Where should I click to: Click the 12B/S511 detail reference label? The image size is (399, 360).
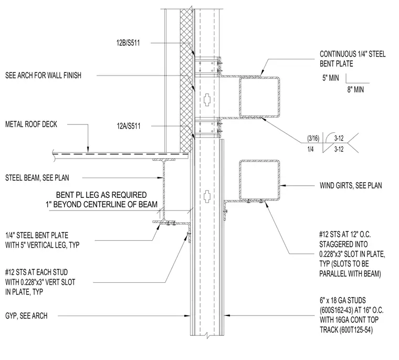click(128, 43)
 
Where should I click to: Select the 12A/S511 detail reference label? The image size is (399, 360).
click(129, 126)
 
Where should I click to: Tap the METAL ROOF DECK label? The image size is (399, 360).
click(31, 124)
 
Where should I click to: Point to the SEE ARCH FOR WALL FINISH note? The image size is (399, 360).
click(43, 76)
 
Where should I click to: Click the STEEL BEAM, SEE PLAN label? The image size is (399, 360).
click(37, 178)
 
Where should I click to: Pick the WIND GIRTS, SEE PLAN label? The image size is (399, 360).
click(351, 185)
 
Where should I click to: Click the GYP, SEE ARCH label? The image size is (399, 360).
click(26, 316)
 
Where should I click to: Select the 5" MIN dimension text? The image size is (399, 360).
click(331, 78)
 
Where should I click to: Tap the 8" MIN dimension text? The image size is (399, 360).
click(355, 90)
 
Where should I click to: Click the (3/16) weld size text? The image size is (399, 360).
click(313, 138)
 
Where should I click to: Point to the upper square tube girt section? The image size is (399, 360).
click(259, 97)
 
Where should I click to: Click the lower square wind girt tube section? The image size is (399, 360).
click(259, 180)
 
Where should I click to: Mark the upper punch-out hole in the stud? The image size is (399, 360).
click(208, 100)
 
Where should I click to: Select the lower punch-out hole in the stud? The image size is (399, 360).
click(208, 196)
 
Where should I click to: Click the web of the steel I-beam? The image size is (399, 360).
click(164, 191)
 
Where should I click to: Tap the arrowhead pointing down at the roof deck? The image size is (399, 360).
click(88, 150)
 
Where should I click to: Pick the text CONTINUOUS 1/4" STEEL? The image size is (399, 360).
click(353, 54)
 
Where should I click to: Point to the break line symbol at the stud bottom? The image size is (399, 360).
click(208, 336)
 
